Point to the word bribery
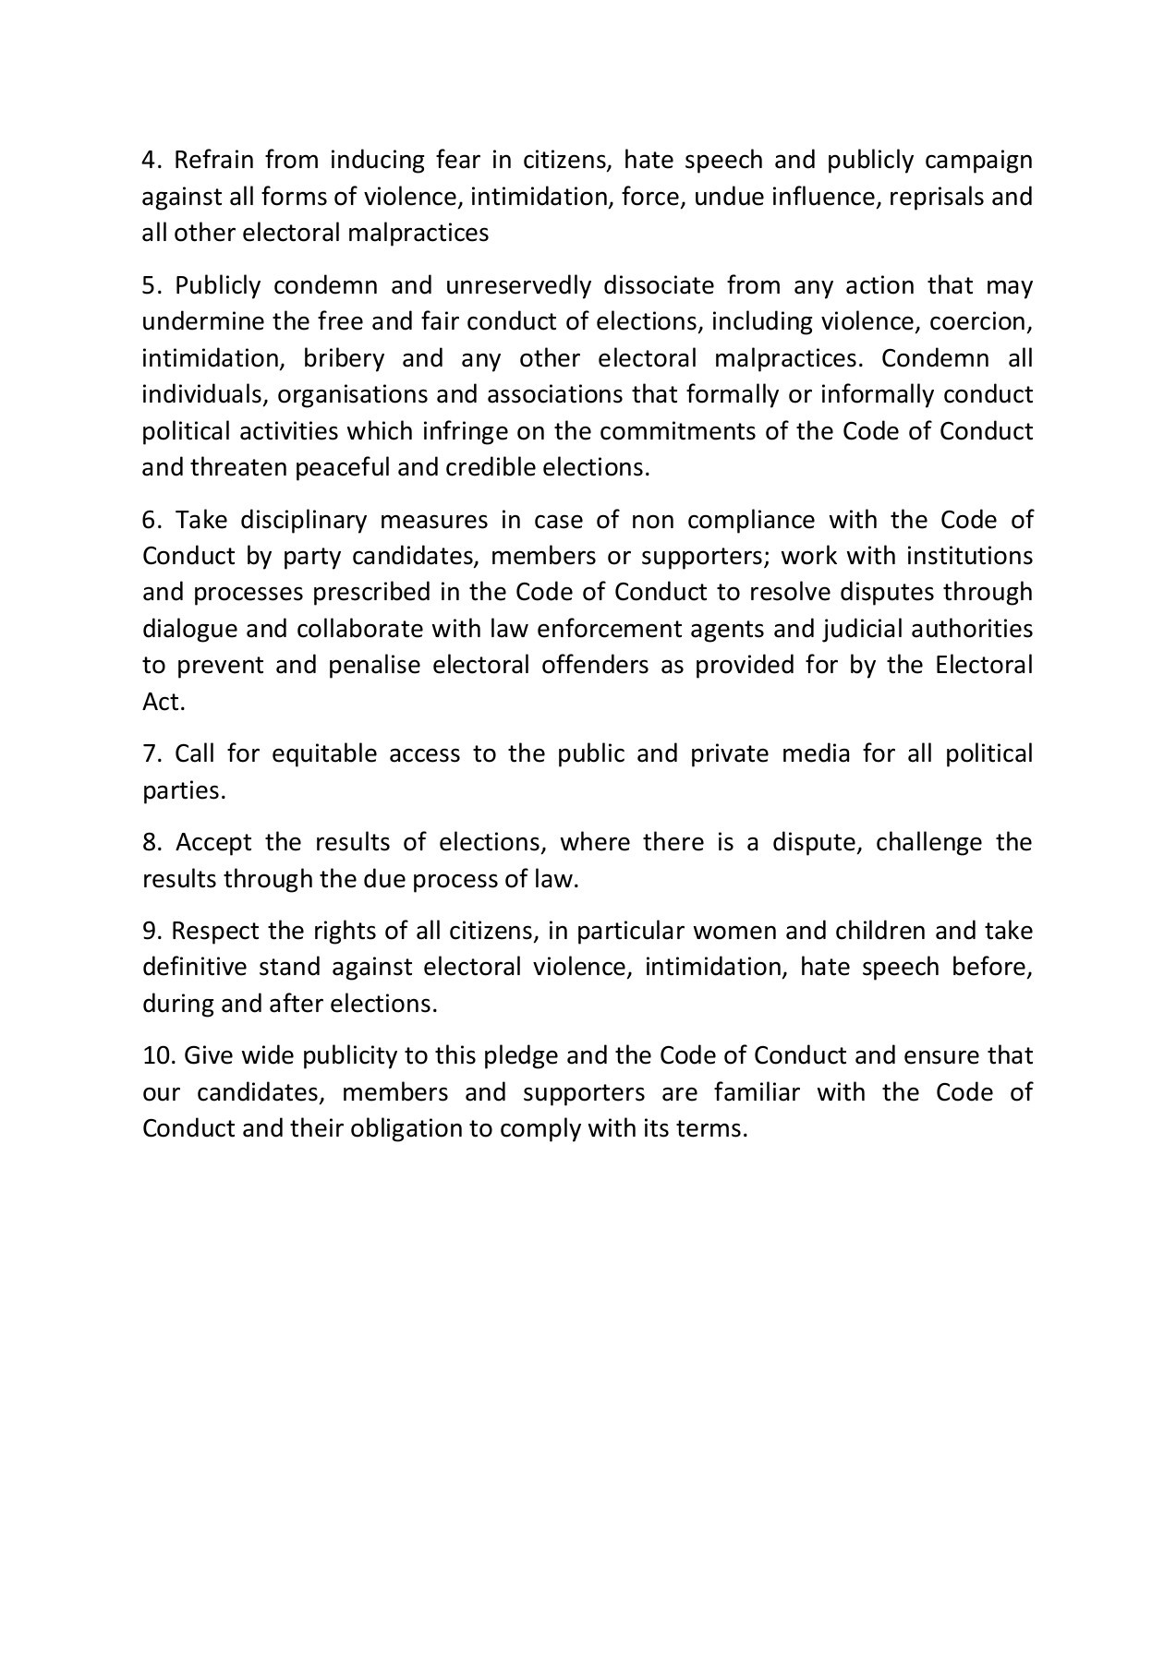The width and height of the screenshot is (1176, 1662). coord(340,358)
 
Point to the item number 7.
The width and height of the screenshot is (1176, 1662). coord(151,754)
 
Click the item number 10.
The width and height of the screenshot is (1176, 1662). coord(156,1056)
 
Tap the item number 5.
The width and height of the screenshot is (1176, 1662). coord(151,285)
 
